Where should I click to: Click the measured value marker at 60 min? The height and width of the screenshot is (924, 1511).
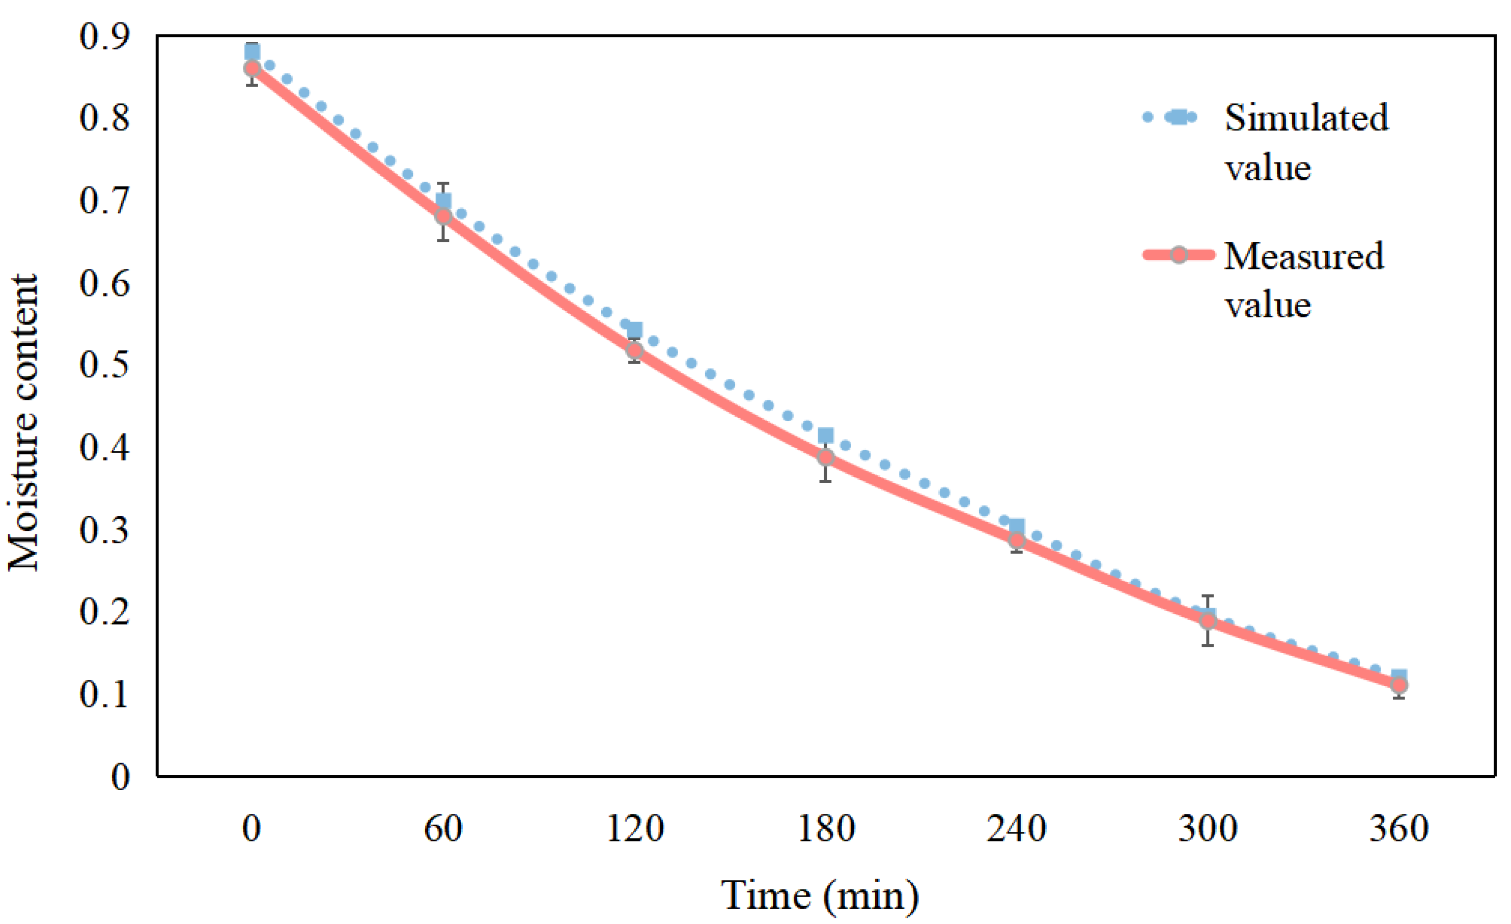tap(443, 216)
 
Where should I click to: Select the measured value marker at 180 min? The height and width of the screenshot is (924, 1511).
tap(825, 457)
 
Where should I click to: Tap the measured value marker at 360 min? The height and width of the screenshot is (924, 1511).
tap(1399, 685)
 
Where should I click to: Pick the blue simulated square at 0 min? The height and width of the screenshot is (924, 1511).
tap(252, 52)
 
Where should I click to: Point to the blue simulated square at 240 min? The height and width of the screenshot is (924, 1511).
tap(1017, 526)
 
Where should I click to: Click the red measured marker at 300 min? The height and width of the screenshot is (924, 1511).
tap(1208, 621)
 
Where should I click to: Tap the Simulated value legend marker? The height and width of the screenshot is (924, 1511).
tap(1178, 117)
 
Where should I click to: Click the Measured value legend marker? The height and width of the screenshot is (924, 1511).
tap(1178, 255)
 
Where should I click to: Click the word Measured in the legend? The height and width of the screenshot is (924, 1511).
tap(1303, 256)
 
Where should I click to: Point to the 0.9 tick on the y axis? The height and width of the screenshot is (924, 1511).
tap(105, 37)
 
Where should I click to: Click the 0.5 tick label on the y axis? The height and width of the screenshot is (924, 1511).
tap(105, 365)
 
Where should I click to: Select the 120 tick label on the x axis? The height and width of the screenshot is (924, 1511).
tap(635, 829)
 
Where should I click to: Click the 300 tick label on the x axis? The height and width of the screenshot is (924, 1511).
tap(1208, 829)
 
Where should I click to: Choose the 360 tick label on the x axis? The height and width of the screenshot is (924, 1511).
tap(1399, 829)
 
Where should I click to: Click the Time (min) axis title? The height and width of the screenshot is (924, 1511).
tap(819, 896)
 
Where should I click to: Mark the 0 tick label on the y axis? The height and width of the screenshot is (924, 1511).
tap(120, 777)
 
